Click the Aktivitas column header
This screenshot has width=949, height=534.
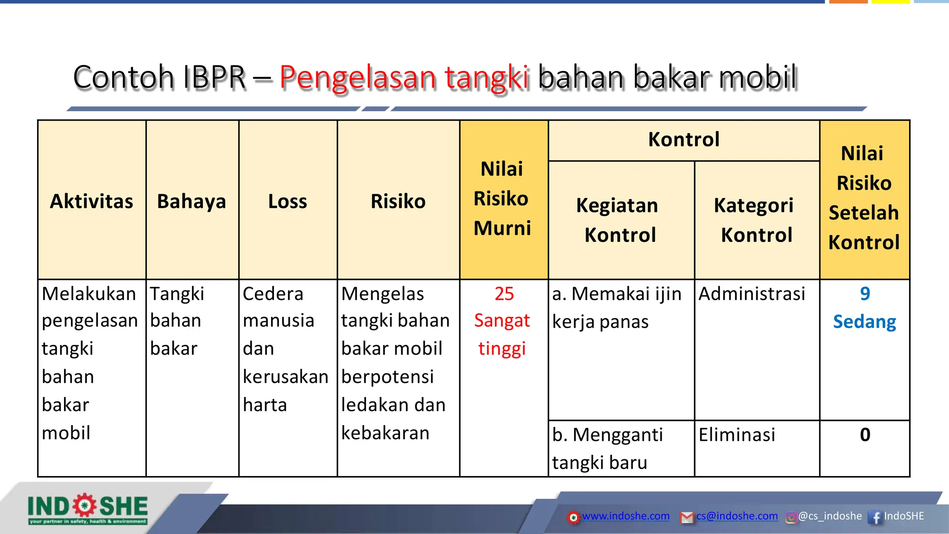tap(92, 201)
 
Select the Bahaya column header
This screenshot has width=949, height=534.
tap(191, 201)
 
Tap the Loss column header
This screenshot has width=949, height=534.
tap(287, 201)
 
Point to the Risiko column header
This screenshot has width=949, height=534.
tap(398, 201)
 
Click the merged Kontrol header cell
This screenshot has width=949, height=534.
tap(683, 140)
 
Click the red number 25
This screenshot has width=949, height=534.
tap(504, 294)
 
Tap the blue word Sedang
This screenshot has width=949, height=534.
tap(864, 322)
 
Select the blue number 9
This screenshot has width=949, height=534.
tap(865, 294)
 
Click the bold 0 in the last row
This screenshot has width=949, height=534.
tap(865, 435)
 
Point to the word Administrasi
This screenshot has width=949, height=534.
tap(752, 294)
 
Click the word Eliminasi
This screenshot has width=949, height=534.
tap(737, 435)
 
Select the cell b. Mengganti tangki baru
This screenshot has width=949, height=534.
tap(607, 448)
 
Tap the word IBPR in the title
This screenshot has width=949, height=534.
tap(214, 77)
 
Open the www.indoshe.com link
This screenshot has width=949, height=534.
tap(626, 516)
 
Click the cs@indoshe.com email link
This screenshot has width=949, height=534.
tap(737, 516)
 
